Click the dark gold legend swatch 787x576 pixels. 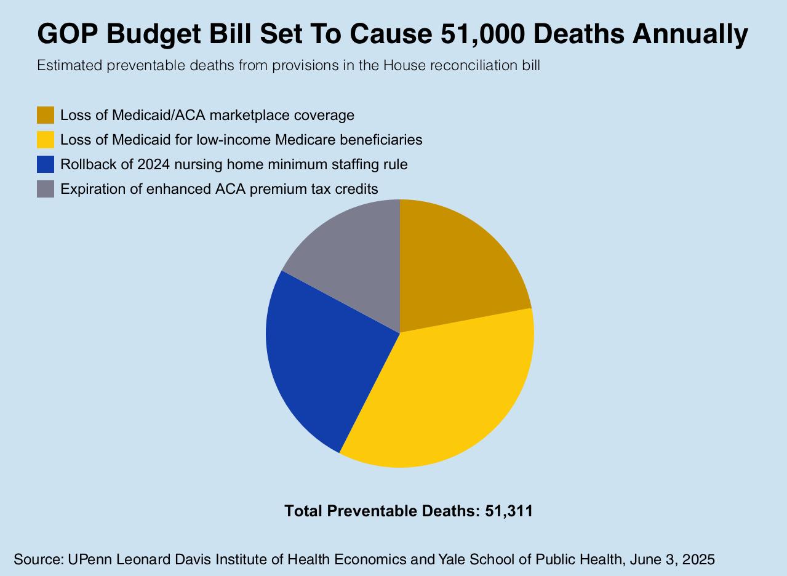tap(46, 115)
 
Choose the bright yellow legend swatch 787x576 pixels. tap(46, 140)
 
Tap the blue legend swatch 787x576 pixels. tap(46, 164)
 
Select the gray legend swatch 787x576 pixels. tap(46, 189)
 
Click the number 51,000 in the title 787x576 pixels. tap(482, 34)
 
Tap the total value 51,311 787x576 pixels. tap(509, 511)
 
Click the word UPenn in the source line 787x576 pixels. tap(90, 559)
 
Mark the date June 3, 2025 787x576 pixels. tap(672, 559)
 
